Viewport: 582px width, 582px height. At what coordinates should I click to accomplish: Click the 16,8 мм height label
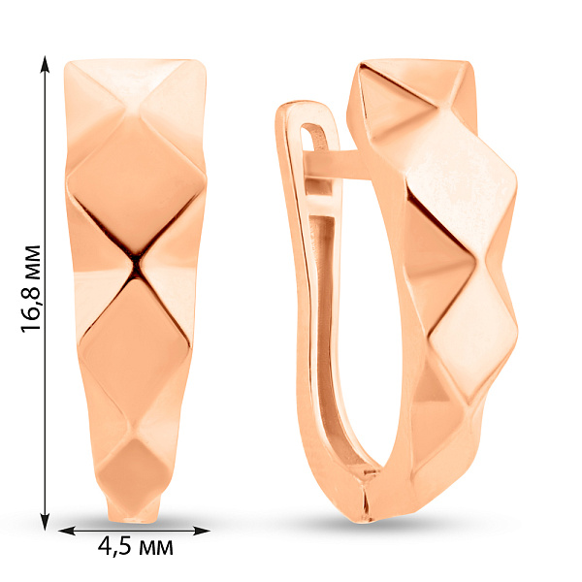(x=31, y=288)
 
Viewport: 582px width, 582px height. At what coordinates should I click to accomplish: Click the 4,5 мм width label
(x=136, y=547)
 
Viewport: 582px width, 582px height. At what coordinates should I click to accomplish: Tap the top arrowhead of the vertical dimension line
(x=46, y=64)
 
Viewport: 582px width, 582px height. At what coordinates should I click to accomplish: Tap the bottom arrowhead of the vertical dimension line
(x=46, y=522)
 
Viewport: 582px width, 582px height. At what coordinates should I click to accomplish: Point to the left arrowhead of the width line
(x=67, y=531)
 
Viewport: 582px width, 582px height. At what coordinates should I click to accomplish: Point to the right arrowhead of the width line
(x=202, y=531)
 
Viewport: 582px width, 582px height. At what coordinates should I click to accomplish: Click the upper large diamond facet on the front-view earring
(x=136, y=185)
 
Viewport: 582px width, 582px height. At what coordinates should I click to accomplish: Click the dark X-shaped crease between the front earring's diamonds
(x=136, y=264)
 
